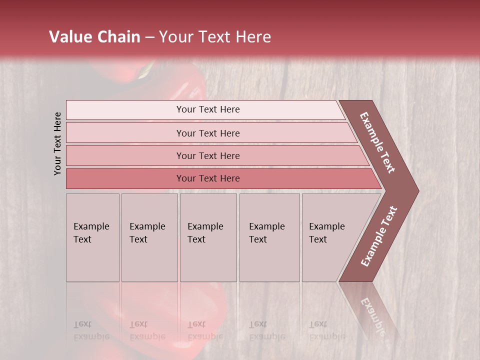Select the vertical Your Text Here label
click(x=57, y=143)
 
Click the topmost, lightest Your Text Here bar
click(x=208, y=109)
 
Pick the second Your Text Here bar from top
click(x=208, y=133)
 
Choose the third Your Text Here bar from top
click(x=208, y=155)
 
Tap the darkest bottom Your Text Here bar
click(x=208, y=178)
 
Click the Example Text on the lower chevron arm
click(x=378, y=236)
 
